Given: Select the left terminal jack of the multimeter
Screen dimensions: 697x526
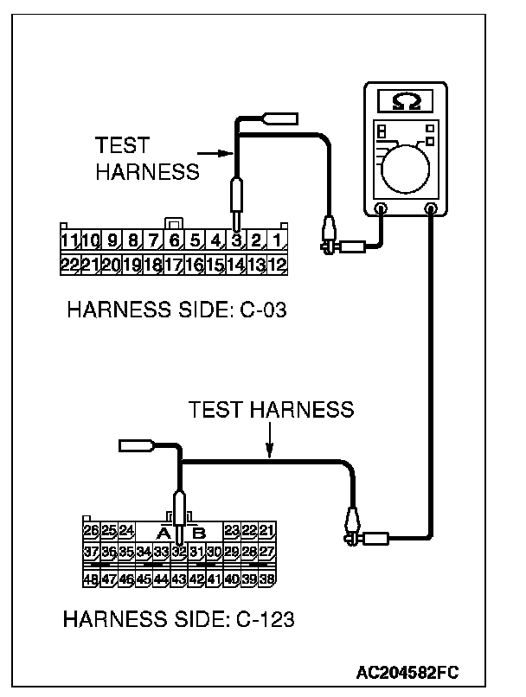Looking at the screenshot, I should pyautogui.click(x=382, y=208).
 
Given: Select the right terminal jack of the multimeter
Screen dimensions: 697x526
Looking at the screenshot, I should pyautogui.click(x=430, y=208).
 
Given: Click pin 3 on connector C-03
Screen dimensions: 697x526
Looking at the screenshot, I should pyautogui.click(x=235, y=240).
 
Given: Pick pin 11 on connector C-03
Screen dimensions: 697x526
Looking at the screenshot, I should pyautogui.click(x=70, y=240).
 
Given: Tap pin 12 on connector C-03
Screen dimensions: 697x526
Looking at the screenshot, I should pyautogui.click(x=277, y=264).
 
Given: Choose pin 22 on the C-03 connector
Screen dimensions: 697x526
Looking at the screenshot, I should pyautogui.click(x=70, y=264).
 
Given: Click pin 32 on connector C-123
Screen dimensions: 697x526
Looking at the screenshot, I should pyautogui.click(x=178, y=551).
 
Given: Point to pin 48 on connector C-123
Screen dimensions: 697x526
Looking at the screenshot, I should pyautogui.click(x=91, y=579).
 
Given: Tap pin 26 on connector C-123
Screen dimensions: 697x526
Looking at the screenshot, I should pyautogui.click(x=91, y=529).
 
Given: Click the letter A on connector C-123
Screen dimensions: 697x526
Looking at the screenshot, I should pyautogui.click(x=162, y=532).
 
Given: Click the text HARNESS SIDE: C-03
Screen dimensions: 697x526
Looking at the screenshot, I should pyautogui.click(x=176, y=309).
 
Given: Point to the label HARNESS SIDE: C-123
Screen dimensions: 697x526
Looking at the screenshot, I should pyautogui.click(x=179, y=619).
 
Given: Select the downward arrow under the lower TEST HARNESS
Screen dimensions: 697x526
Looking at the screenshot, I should pyautogui.click(x=269, y=449).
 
